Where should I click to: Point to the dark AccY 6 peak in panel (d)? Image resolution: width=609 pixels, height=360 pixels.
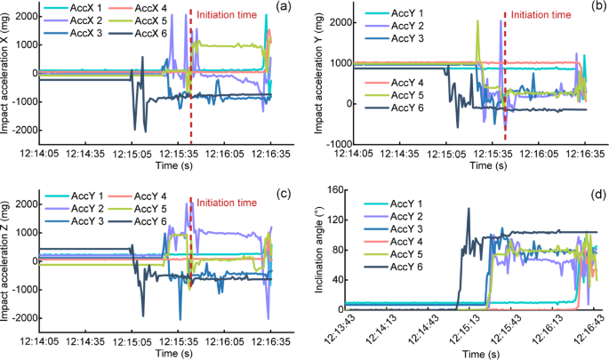tap(469, 210)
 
